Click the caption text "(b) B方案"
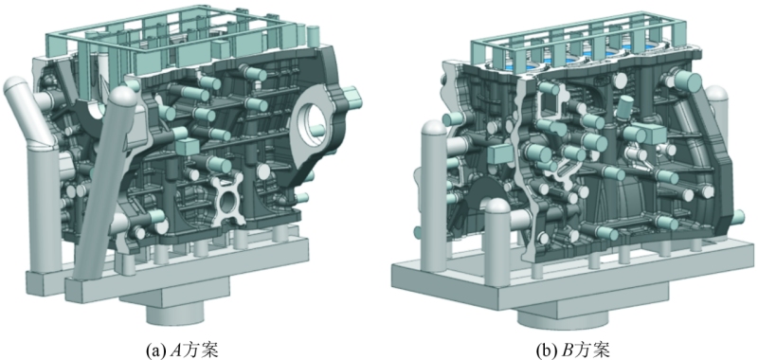tap(574, 350)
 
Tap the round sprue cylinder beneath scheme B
tap(560, 319)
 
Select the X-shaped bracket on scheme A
tap(226, 199)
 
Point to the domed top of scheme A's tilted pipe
tap(122, 97)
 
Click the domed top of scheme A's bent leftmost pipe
tap(16, 86)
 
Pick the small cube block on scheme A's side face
tap(187, 147)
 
